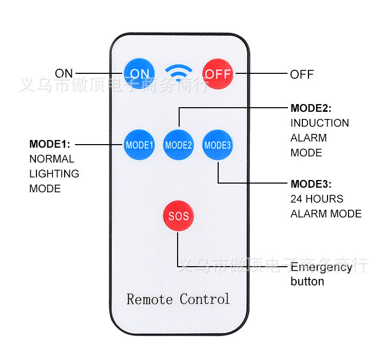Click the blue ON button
[139, 73]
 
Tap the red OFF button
[218, 73]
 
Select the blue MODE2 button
[178, 145]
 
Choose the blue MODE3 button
[218, 145]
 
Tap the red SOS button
[178, 216]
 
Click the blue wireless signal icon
[178, 74]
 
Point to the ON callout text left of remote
[64, 73]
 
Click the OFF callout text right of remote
[302, 74]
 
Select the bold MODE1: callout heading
[50, 144]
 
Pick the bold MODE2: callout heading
[311, 108]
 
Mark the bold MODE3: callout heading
[311, 184]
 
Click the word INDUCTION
[319, 123]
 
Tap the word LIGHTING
[54, 174]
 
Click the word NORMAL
[51, 159]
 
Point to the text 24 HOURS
[317, 199]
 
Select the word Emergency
[321, 267]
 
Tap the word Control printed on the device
[205, 298]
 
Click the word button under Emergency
[307, 282]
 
